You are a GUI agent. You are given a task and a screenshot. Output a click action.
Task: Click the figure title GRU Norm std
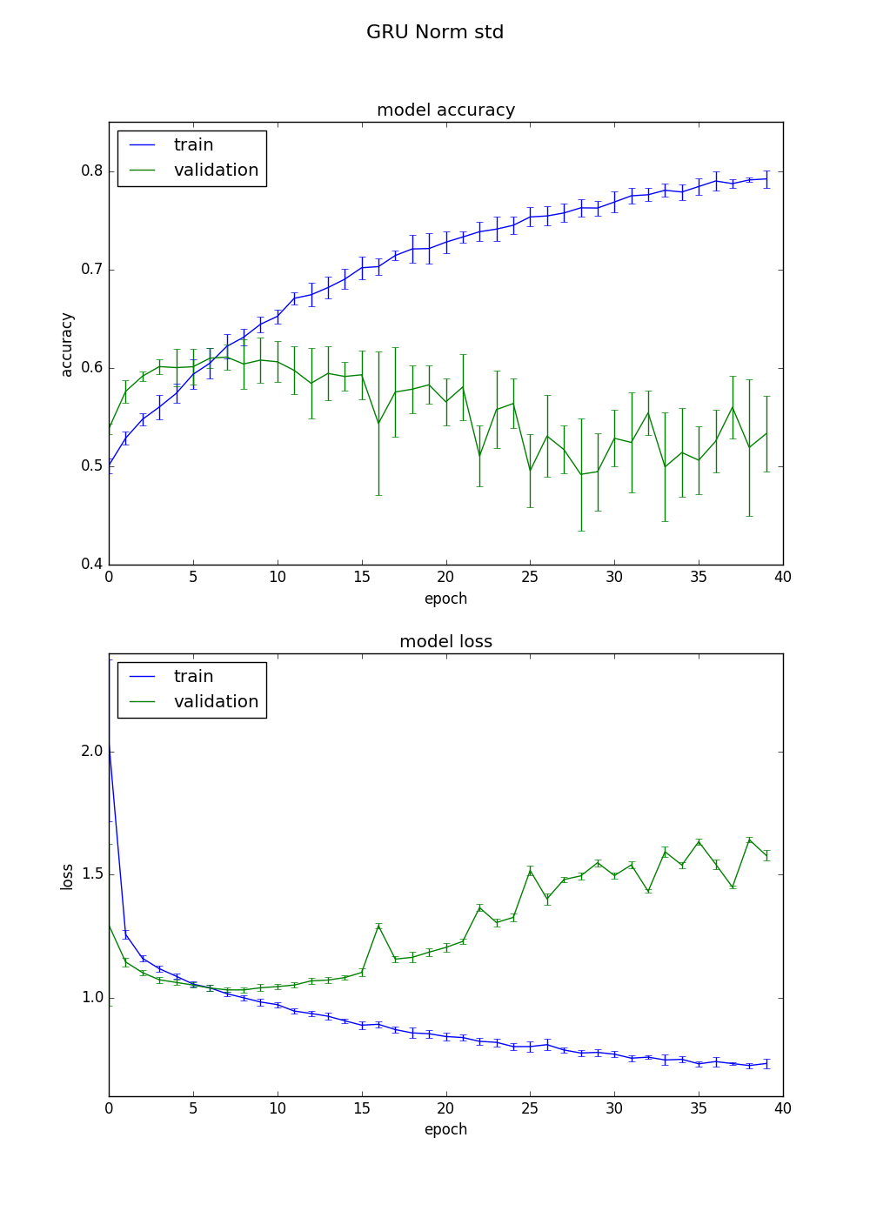[x=435, y=32]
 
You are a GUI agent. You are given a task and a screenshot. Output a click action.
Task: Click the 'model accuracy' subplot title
[x=445, y=110]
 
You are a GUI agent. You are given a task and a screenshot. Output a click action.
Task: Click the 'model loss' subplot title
[x=445, y=642]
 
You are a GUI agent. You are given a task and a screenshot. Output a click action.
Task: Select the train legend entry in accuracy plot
[x=193, y=145]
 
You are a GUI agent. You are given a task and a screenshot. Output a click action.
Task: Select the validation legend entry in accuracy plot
[x=216, y=171]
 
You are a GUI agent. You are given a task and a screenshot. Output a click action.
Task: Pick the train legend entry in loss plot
[x=193, y=677]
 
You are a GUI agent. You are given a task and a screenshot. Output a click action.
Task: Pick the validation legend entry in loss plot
[x=216, y=702]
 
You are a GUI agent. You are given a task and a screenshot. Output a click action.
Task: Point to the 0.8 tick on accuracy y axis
[x=92, y=171]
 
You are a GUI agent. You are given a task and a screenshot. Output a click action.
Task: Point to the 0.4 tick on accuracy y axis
[x=92, y=565]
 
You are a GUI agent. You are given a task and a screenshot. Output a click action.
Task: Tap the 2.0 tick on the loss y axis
[x=92, y=752]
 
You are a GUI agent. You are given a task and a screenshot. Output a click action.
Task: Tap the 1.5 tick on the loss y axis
[x=92, y=874]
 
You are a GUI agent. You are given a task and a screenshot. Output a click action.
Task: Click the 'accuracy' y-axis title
[x=67, y=345]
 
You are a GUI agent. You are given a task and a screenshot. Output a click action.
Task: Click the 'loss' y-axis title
[x=67, y=877]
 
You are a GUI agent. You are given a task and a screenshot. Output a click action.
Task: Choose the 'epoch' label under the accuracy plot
[x=445, y=599]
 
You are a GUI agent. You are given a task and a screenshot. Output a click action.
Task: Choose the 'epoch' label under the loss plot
[x=445, y=1129]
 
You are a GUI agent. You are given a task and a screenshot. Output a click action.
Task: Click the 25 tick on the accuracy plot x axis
[x=530, y=576]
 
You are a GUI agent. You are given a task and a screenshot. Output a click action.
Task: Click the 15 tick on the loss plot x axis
[x=362, y=1108]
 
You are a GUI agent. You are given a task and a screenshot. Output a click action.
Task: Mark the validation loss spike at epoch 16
[x=378, y=926]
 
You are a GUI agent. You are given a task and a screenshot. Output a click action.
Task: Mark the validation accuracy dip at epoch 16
[x=378, y=424]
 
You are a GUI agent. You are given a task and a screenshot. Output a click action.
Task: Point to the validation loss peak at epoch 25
[x=530, y=871]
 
